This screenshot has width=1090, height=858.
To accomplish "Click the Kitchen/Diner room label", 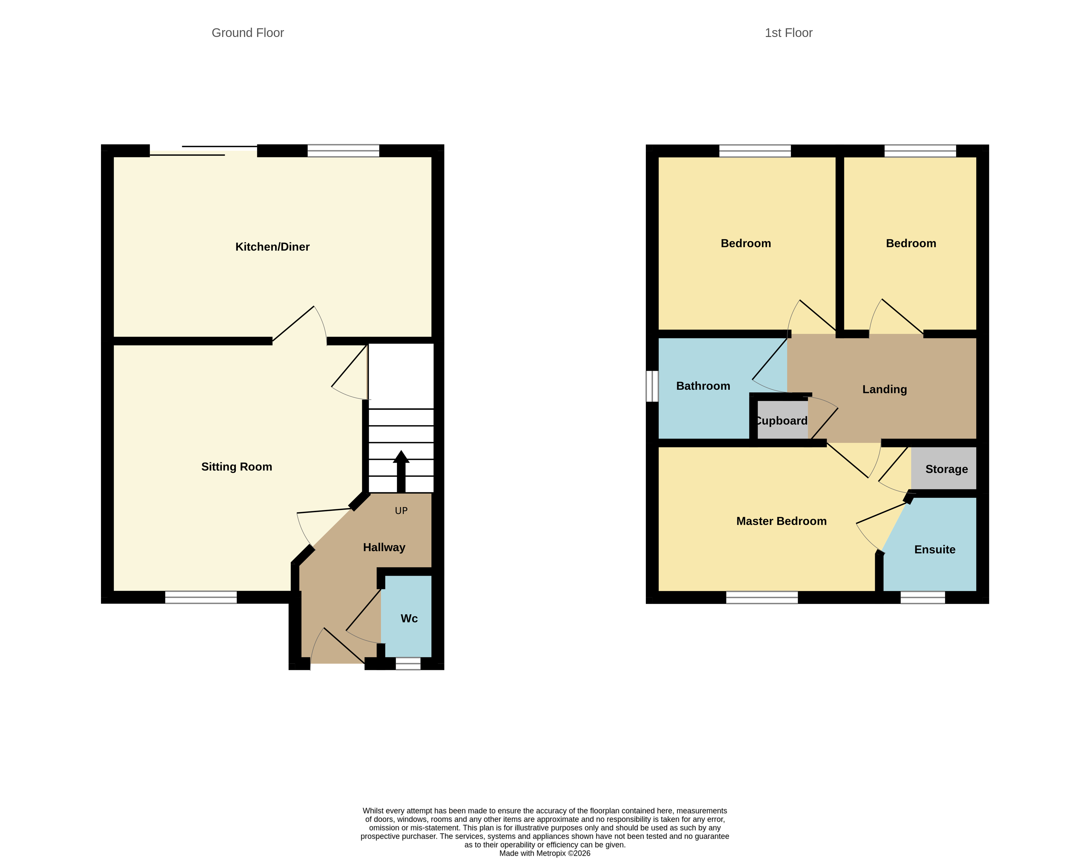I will [x=272, y=247].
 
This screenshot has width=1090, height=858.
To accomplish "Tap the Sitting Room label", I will [x=237, y=467].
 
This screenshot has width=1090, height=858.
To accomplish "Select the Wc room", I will [x=409, y=618].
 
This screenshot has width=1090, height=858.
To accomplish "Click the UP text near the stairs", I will [x=401, y=511].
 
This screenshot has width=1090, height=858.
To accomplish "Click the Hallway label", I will [x=384, y=548].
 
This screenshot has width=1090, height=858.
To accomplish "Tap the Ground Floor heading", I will [x=248, y=33].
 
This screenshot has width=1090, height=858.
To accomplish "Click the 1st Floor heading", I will [x=788, y=33].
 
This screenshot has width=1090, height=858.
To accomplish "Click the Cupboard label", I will [x=782, y=421].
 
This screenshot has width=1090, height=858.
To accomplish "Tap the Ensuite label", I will [x=934, y=549].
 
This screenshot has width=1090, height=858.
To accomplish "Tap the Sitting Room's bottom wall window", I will [x=201, y=597].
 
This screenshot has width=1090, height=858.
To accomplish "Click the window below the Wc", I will [x=408, y=663].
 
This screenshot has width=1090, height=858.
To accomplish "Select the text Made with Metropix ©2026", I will [x=545, y=853].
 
